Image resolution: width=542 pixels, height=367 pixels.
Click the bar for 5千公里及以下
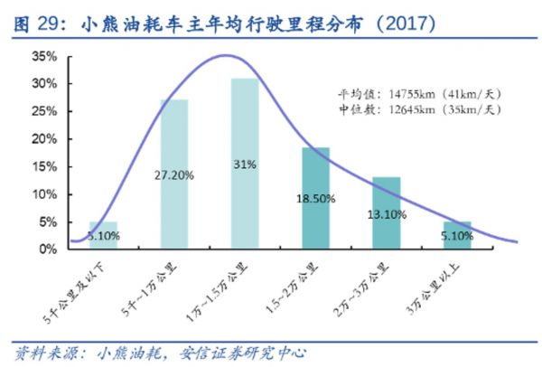[x=103, y=234]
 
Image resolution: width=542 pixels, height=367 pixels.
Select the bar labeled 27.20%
[x=173, y=173]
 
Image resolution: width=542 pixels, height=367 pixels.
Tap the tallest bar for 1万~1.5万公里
[x=245, y=162]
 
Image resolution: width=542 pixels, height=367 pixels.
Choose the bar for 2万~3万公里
[x=386, y=212]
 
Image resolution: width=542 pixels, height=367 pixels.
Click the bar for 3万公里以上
[x=456, y=234]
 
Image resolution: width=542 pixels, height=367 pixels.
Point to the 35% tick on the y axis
[x=44, y=56]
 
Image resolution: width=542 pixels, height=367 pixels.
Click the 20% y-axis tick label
[x=44, y=139]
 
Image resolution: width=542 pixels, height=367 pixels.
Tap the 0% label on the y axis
[x=48, y=249]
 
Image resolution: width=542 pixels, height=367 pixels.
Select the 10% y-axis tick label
[x=44, y=194]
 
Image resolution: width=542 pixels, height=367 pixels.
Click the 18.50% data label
[x=315, y=194]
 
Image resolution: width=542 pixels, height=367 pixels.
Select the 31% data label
[x=245, y=165]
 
